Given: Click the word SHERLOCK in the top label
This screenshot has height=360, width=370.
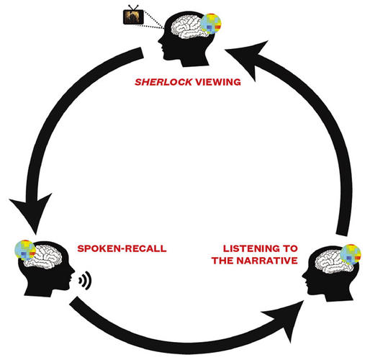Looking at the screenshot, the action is pyautogui.click(x=163, y=82).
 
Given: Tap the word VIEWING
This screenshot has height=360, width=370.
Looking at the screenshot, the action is pyautogui.click(x=218, y=82).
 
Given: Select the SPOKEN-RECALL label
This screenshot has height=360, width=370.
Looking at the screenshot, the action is pyautogui.click(x=122, y=248).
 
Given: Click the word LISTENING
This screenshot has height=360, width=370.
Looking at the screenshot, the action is pyautogui.click(x=251, y=248).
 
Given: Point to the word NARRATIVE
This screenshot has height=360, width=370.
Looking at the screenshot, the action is pyautogui.click(x=267, y=261).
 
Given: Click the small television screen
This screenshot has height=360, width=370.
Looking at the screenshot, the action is pyautogui.click(x=133, y=17).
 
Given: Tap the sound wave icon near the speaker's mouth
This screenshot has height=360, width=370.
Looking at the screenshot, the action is pyautogui.click(x=85, y=280).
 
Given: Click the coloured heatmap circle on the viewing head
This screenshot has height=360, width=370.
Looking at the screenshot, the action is pyautogui.click(x=211, y=24).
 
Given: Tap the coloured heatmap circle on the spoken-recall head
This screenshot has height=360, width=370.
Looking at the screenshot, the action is pyautogui.click(x=25, y=251).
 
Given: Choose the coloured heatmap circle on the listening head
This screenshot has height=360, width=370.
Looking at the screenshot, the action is pyautogui.click(x=351, y=255).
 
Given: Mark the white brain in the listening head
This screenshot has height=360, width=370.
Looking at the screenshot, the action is pyautogui.click(x=333, y=261).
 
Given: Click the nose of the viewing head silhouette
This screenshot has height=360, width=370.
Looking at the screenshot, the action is pyautogui.click(x=159, y=40).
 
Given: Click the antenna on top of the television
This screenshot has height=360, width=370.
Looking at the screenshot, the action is pyautogui.click(x=133, y=7).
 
